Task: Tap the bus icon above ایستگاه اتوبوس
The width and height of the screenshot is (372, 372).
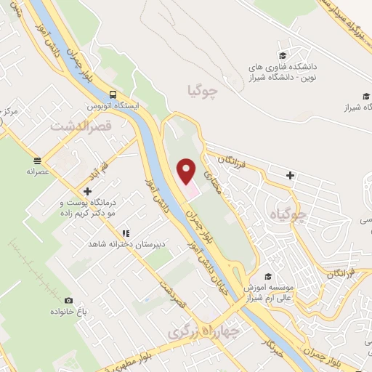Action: coord(113,94)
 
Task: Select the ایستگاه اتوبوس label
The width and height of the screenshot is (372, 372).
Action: coord(113,105)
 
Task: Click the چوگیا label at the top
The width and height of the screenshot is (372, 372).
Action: coord(202,92)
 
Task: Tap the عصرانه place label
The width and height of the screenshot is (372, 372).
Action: coord(36,171)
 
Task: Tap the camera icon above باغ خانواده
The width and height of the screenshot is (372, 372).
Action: coord(69,300)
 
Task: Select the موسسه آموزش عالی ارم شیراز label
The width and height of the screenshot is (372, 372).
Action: coord(279,291)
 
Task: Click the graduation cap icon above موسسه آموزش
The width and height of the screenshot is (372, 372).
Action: coord(268,276)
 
